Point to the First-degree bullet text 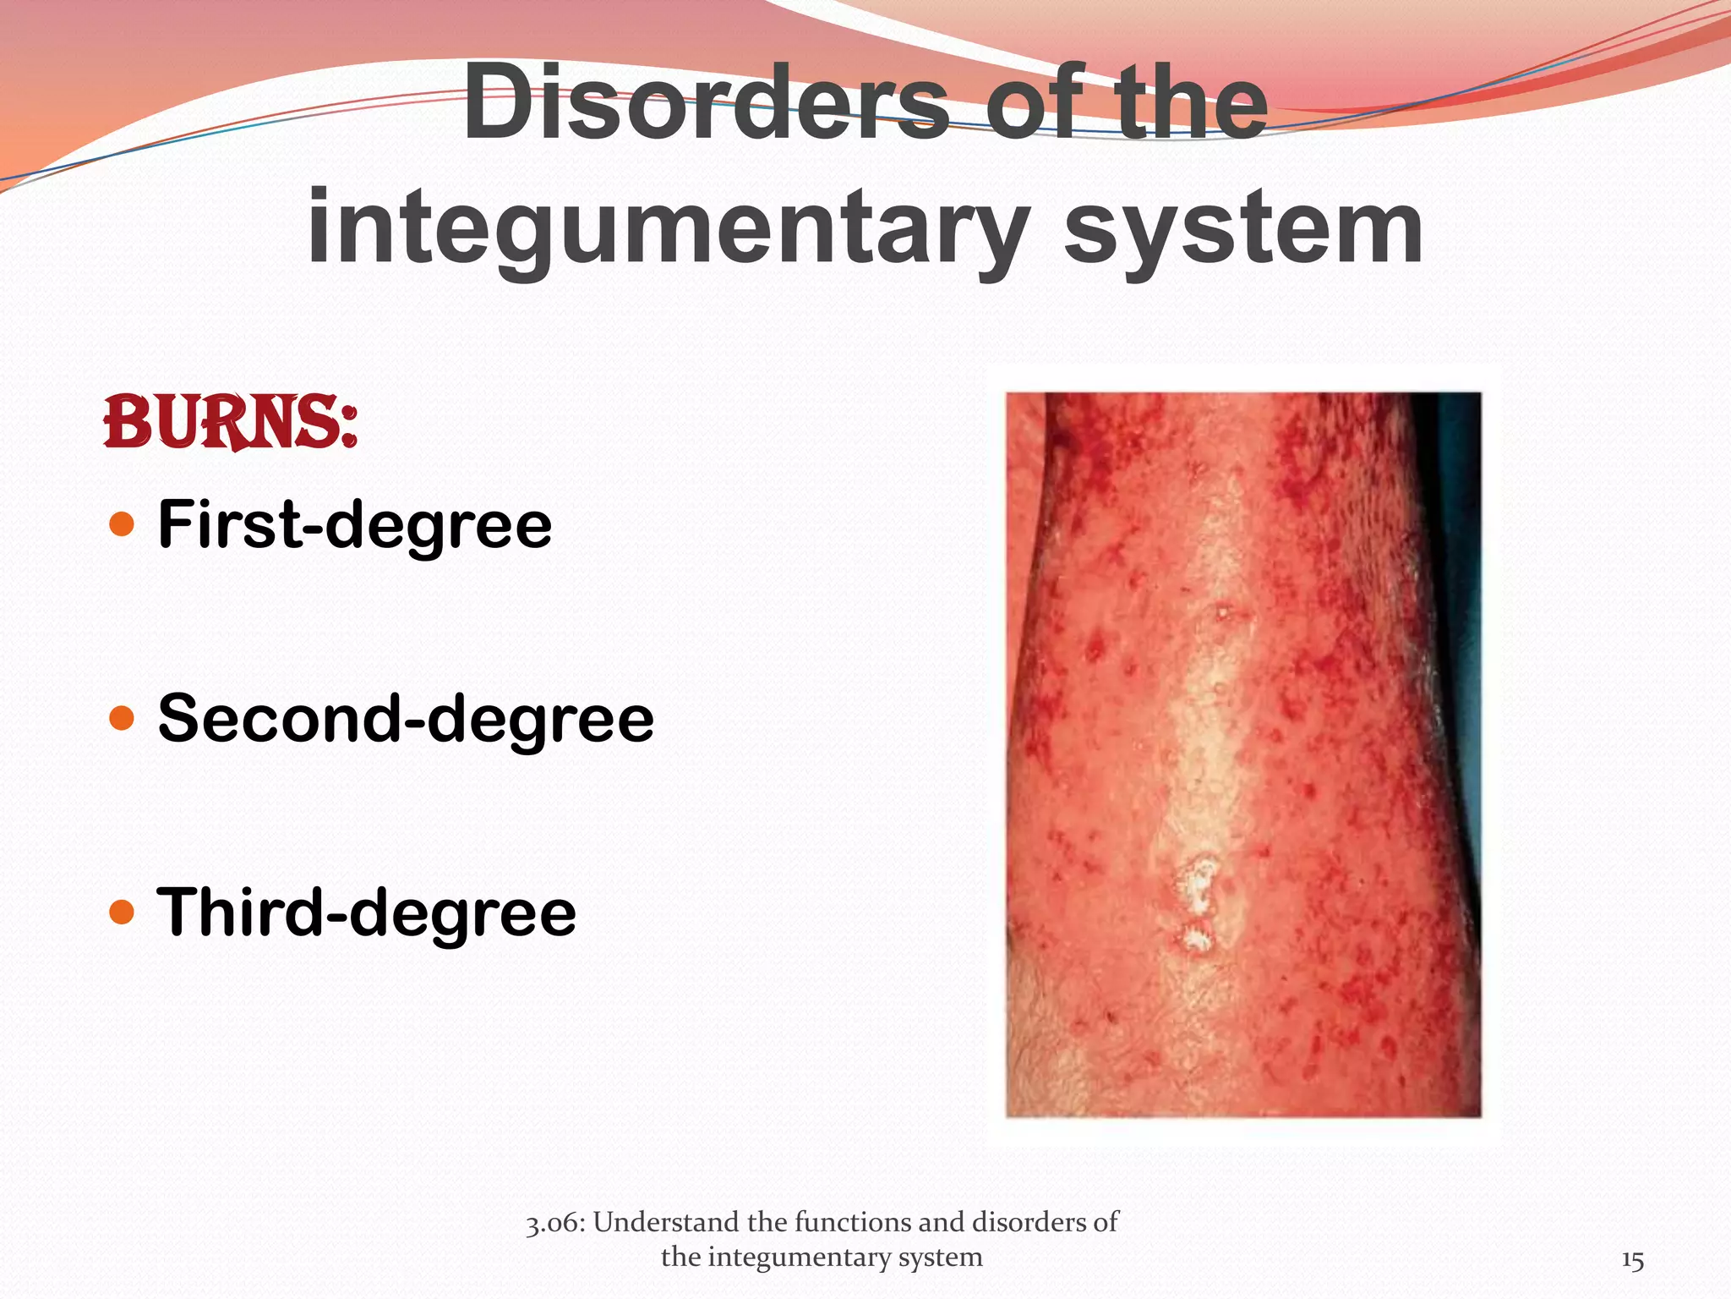point(355,526)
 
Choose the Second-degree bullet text point(406,720)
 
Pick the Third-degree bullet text point(367,913)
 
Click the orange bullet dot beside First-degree point(123,524)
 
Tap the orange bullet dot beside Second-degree point(123,719)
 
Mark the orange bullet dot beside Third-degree point(123,913)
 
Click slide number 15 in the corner point(1632,1261)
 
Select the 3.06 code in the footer point(554,1223)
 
